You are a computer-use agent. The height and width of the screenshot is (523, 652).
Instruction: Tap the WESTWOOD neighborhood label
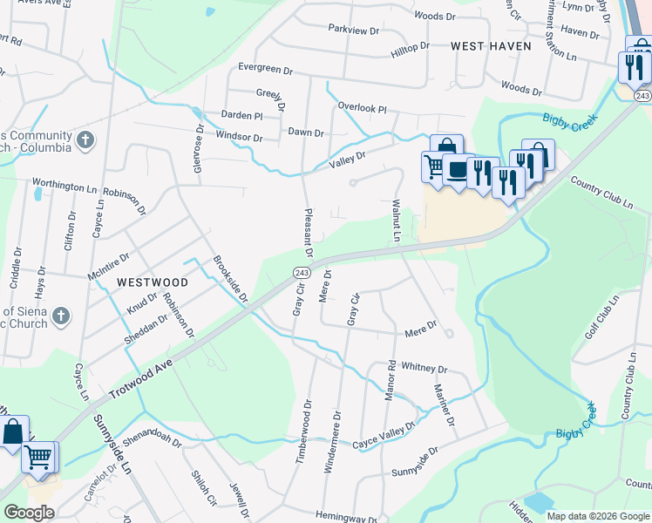click(152, 282)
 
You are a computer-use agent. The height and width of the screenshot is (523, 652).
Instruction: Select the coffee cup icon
click(456, 169)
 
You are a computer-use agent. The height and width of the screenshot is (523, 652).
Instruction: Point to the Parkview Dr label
click(354, 30)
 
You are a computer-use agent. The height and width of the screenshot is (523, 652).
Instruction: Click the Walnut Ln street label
click(396, 219)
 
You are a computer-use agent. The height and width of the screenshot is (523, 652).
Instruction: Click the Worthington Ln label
click(65, 186)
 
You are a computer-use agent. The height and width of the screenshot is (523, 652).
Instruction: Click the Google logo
click(29, 513)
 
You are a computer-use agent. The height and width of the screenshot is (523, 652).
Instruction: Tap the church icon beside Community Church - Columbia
click(85, 139)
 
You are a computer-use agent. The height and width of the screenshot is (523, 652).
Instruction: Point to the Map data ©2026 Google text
click(598, 516)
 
